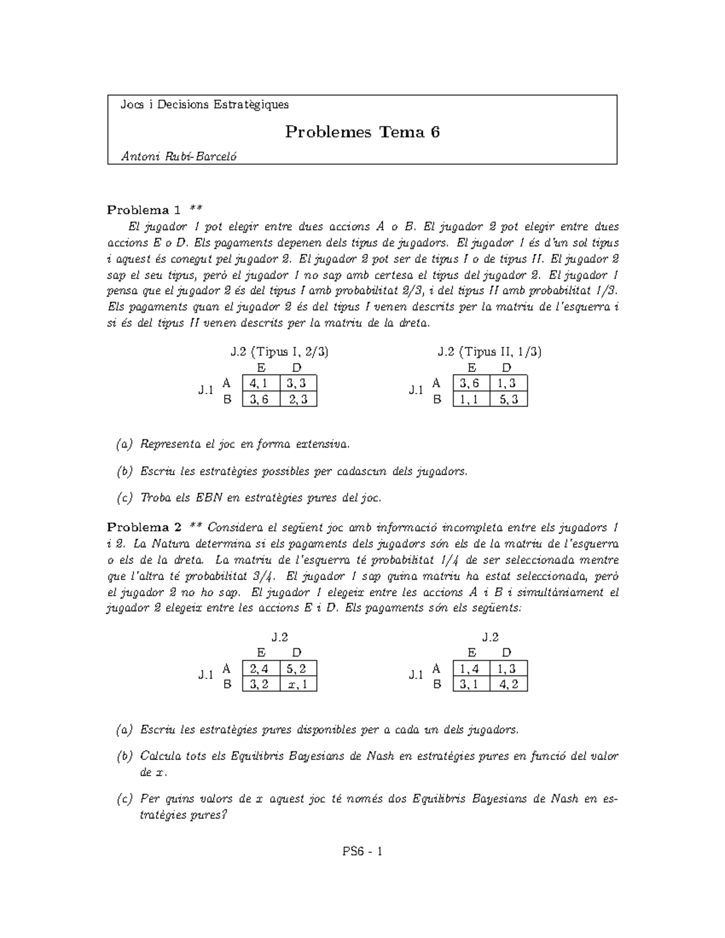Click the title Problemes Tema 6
[362, 132]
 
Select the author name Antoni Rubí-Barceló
[179, 156]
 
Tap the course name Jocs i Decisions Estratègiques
[205, 104]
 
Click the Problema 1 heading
[144, 210]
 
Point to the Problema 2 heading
[144, 527]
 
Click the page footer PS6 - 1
[362, 852]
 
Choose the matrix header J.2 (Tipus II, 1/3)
[489, 352]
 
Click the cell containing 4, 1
[260, 384]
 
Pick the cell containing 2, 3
[298, 399]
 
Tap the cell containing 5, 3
[509, 399]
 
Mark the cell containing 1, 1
[471, 399]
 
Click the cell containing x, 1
[298, 684]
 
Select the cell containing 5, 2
[298, 669]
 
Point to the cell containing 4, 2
[509, 684]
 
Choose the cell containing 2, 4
[260, 669]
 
